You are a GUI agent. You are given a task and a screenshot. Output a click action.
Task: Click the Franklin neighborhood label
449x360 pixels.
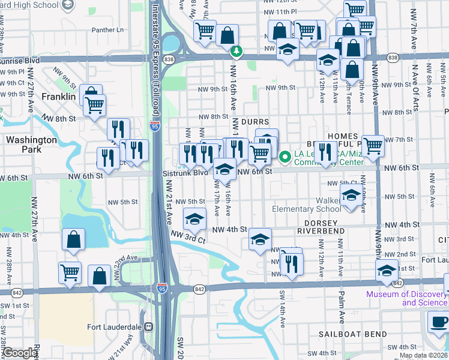pos(58,96)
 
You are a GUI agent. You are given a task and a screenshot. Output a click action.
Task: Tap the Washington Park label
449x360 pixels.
pos(31,145)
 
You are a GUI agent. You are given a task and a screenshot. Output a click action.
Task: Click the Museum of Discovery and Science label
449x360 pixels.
pos(407,298)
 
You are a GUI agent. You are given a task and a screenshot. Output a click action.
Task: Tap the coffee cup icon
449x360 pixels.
pos(439,322)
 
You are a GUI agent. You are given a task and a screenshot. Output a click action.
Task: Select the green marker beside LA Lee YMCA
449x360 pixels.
pos(286,157)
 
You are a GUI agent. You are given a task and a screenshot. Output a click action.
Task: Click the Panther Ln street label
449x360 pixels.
pos(107,29)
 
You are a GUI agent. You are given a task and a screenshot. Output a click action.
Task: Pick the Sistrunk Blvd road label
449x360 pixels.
pos(185,172)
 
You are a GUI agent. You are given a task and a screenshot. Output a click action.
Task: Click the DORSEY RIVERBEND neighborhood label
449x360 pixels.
pos(321,230)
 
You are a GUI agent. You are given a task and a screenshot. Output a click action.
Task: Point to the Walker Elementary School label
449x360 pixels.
pos(306,209)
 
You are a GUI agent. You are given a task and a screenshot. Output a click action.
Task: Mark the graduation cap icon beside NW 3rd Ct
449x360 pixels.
pos(194,220)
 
